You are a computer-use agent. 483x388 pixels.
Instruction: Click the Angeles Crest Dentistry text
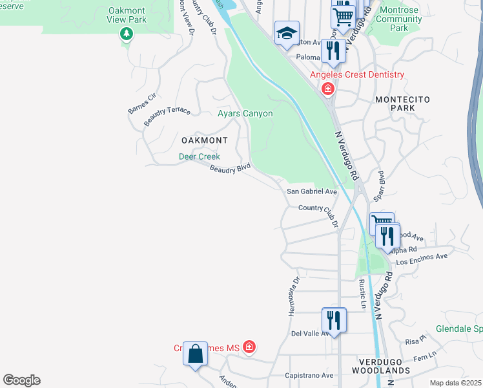[x=357, y=74]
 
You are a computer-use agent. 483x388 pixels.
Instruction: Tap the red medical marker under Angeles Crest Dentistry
[x=328, y=89]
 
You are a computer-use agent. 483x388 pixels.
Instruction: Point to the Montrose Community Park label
[x=400, y=19]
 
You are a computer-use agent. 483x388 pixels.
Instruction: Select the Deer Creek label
[x=200, y=156]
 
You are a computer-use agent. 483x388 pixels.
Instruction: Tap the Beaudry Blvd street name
[x=230, y=168]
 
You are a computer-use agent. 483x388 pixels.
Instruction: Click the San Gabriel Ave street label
[x=312, y=191]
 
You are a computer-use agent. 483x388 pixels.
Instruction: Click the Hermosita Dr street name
[x=294, y=297]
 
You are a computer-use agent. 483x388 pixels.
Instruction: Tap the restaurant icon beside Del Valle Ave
[x=334, y=320]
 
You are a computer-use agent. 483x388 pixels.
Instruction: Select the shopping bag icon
[x=195, y=354]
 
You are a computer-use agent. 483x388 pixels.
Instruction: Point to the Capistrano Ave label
[x=309, y=375]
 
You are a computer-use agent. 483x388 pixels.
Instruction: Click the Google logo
[x=21, y=380]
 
